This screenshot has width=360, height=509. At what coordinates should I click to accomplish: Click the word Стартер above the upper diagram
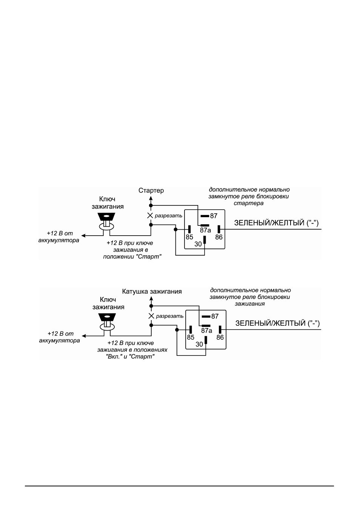(151, 190)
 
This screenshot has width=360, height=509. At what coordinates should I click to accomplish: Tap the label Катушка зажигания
(152, 291)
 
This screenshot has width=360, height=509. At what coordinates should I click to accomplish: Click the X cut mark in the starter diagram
(150, 215)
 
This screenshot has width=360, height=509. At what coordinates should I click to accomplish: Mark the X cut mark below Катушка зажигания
(151, 316)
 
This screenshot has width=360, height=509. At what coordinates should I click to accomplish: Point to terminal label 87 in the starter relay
(214, 216)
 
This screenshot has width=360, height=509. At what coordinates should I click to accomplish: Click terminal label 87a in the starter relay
(205, 230)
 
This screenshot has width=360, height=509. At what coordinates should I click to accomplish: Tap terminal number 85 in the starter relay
(189, 237)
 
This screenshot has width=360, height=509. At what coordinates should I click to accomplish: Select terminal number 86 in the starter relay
(219, 237)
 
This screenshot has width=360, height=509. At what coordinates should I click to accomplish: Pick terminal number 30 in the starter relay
(198, 244)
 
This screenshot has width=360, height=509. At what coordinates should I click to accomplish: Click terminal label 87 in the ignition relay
(215, 316)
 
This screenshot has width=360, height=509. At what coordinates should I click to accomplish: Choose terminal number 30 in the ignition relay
(199, 345)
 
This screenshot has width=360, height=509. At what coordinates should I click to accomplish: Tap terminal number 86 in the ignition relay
(220, 338)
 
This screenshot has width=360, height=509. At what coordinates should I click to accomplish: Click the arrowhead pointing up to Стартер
(151, 198)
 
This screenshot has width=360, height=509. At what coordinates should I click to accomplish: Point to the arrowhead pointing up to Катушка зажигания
(151, 299)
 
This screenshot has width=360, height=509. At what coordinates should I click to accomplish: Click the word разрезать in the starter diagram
(169, 216)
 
